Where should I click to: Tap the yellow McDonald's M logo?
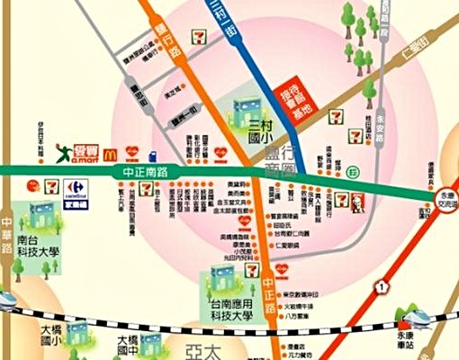pos(111,154)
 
